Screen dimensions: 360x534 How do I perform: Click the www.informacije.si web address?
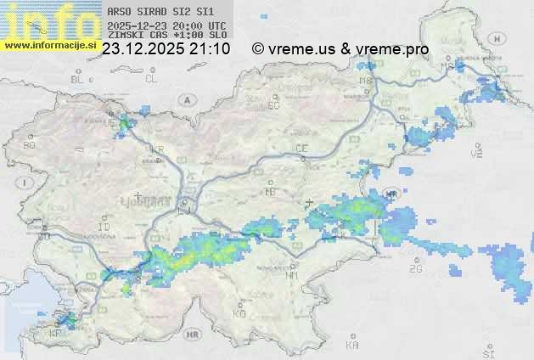click(x=50, y=44)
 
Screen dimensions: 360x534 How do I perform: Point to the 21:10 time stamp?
click(x=211, y=49)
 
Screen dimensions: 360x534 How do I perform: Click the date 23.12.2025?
click(x=145, y=49)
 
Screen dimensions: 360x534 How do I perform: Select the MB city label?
click(x=367, y=82)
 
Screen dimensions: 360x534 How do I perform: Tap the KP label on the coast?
click(x=56, y=334)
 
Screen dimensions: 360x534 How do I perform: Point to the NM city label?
click(x=292, y=275)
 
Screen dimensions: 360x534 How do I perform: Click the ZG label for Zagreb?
click(x=415, y=269)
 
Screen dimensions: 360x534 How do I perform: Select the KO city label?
click(x=239, y=314)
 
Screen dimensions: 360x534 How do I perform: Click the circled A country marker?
click(x=184, y=98)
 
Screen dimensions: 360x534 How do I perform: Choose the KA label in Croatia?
click(x=352, y=346)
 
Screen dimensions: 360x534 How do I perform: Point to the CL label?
click(x=151, y=79)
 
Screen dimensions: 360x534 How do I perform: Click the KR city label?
click(x=156, y=149)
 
